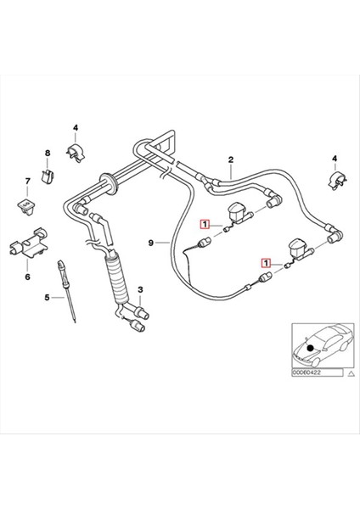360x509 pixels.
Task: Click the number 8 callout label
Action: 48,153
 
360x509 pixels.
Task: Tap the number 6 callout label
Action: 26,277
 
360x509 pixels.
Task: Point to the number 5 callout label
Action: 48,298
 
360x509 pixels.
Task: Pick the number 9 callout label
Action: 151,243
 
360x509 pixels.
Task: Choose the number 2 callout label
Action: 230,159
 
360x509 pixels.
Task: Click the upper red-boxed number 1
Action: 204,225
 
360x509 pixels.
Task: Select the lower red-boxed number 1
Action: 267,264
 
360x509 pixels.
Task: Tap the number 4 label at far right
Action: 335,159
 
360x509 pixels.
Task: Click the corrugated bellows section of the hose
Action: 118,281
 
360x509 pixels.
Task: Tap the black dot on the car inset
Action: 312,349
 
